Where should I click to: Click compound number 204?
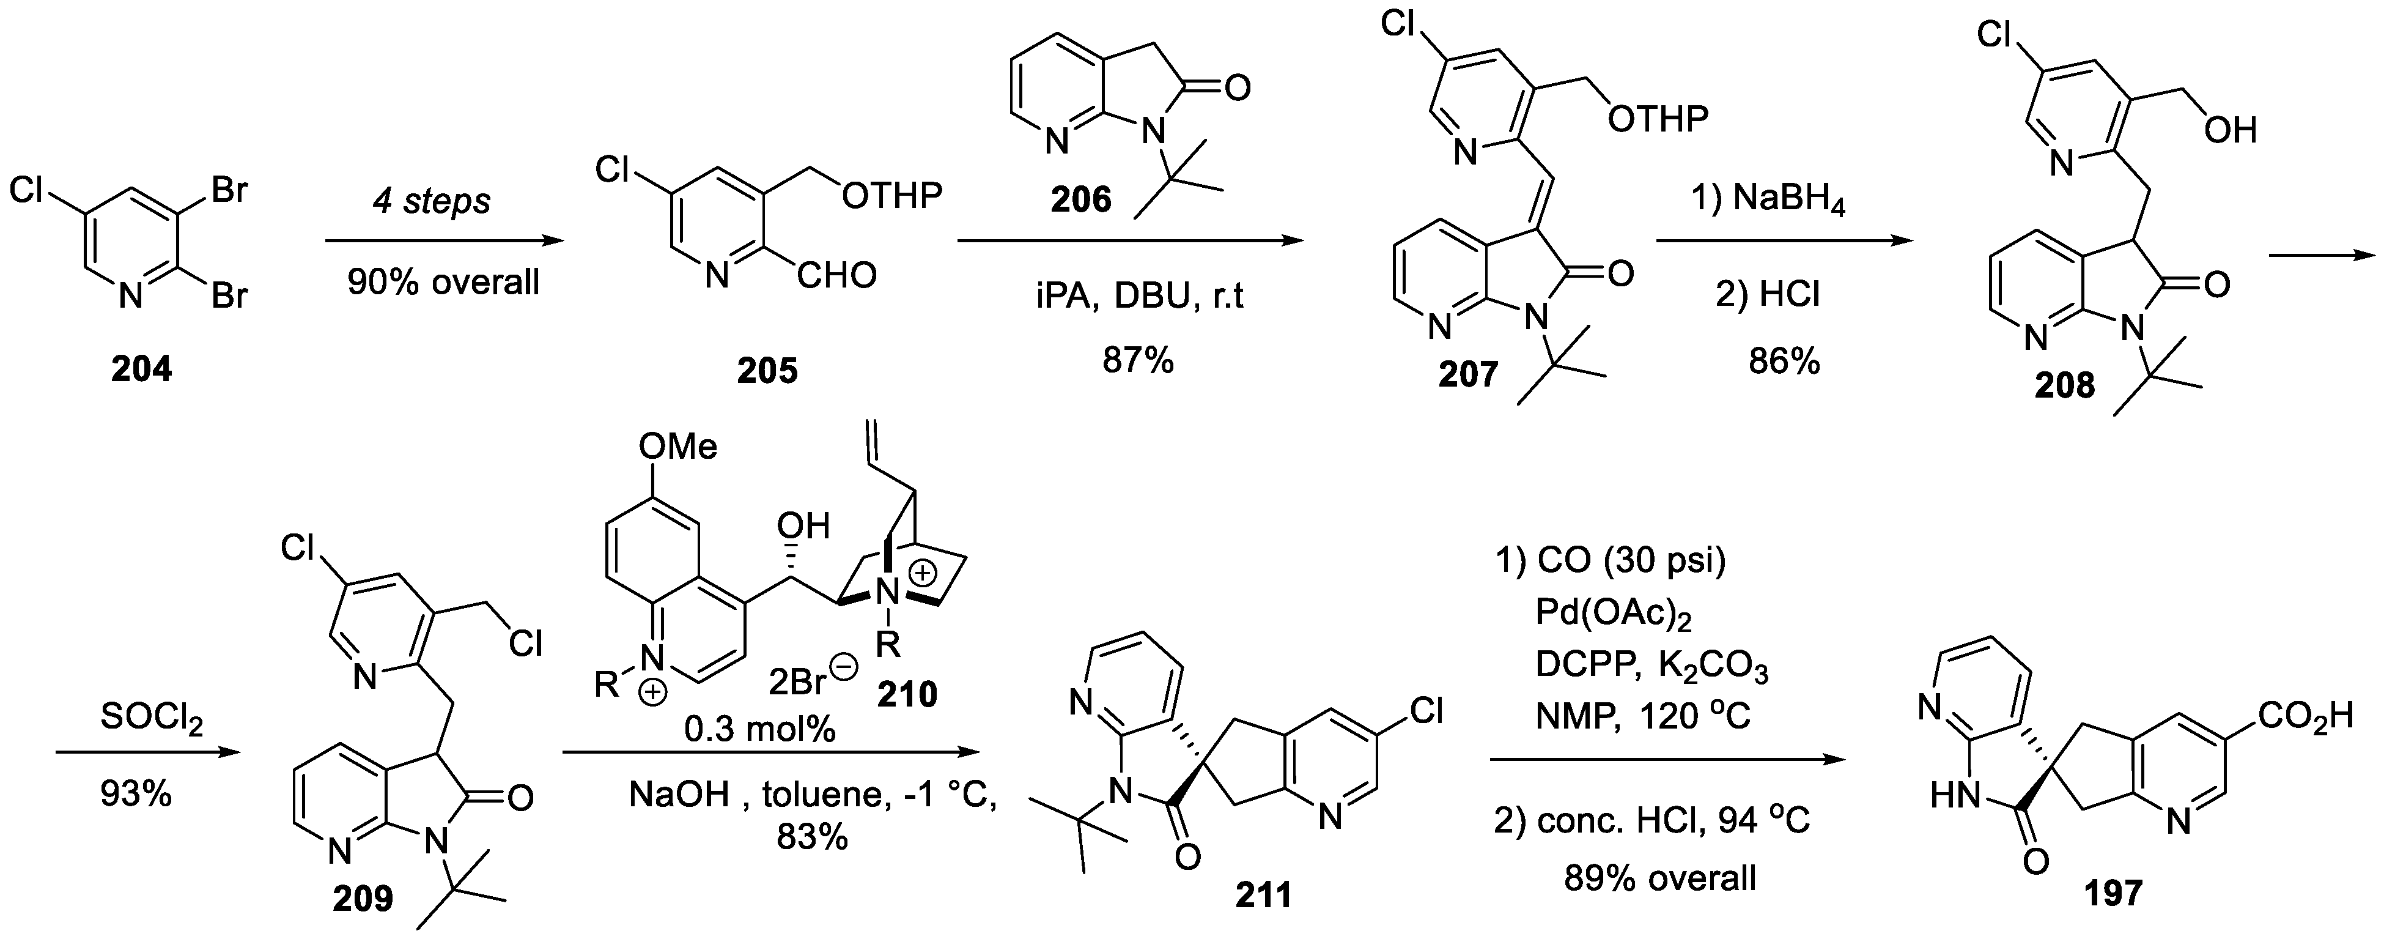(142, 369)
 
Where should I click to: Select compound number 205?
(767, 371)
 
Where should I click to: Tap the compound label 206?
(1081, 199)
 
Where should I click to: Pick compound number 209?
(363, 898)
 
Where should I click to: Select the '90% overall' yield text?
(443, 281)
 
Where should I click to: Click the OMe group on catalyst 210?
(677, 447)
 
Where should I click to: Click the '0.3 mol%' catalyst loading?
(759, 730)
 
